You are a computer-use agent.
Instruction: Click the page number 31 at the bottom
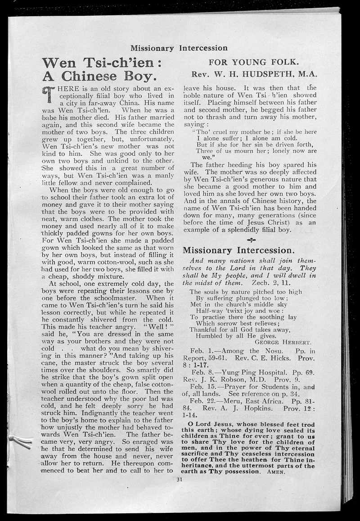tap(179, 479)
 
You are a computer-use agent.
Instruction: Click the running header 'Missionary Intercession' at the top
tap(179, 48)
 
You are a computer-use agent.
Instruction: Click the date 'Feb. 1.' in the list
tap(201, 351)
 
